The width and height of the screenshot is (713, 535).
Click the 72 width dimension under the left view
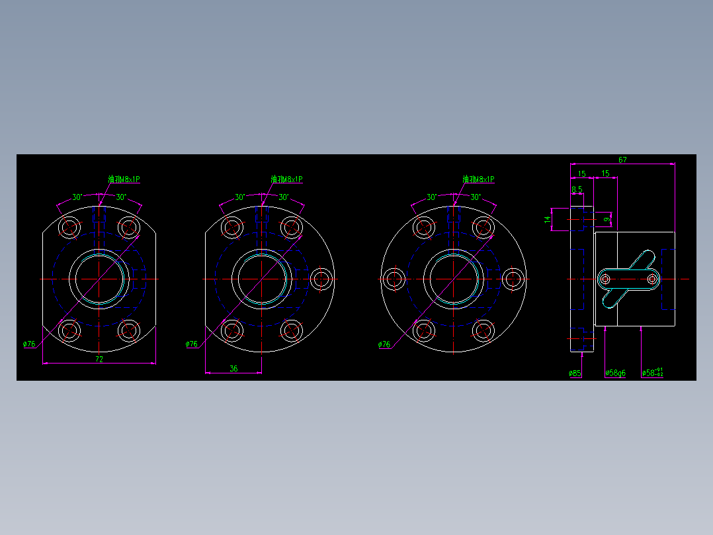pos(99,359)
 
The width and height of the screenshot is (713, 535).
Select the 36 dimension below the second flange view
pos(233,369)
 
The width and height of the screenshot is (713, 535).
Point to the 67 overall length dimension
pos(622,160)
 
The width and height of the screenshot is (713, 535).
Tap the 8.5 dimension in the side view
pos(577,189)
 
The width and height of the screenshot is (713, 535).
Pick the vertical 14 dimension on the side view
pos(548,219)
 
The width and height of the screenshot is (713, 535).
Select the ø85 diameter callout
pos(575,373)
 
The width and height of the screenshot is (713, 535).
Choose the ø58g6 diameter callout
pos(615,373)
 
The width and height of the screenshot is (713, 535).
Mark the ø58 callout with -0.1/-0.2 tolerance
pos(652,373)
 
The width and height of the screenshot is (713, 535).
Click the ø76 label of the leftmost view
pos(29,344)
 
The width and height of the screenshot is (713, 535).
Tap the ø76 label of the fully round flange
pos(384,344)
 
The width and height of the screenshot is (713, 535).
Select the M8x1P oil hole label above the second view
pos(286,179)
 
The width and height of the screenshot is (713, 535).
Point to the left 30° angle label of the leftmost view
pos(77,197)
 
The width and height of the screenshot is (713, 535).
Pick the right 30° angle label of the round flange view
pos(476,197)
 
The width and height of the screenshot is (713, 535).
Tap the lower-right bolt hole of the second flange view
pos(291,329)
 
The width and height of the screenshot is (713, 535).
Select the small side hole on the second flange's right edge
pos(321,279)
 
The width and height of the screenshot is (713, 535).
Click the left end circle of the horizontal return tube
pos(605,279)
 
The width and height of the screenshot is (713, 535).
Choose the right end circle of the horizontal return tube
pos(653,279)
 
